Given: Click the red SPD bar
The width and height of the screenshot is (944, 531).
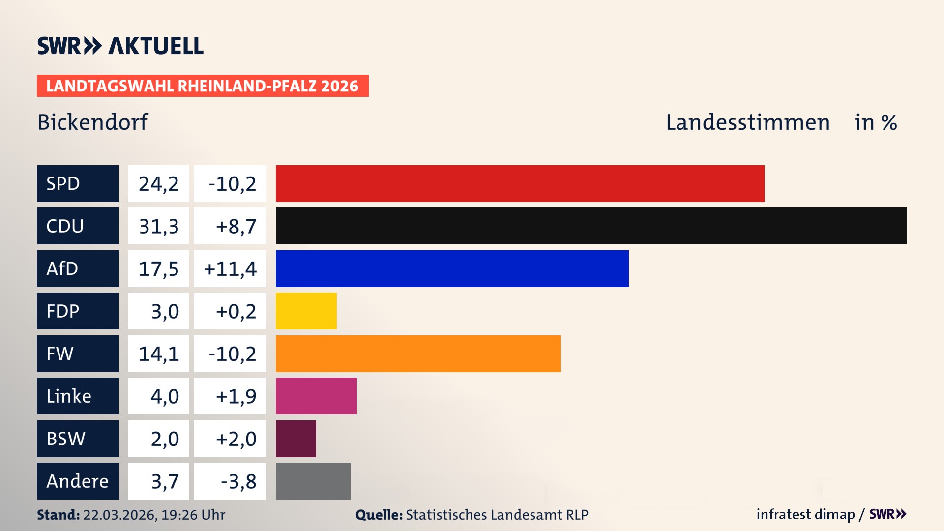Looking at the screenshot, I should pyautogui.click(x=520, y=183).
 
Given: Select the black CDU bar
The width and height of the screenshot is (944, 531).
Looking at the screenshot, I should pyautogui.click(x=591, y=226).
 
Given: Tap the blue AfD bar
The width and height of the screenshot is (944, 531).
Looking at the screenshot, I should pyautogui.click(x=452, y=268).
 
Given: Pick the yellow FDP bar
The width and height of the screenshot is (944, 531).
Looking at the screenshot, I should pyautogui.click(x=306, y=311).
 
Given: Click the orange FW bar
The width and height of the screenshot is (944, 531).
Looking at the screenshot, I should pyautogui.click(x=418, y=354).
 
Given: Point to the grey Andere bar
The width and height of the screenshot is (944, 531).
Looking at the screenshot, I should pyautogui.click(x=313, y=481).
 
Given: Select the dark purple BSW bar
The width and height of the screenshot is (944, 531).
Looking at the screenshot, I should pyautogui.click(x=295, y=439).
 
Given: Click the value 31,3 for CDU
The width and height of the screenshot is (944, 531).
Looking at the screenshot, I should pyautogui.click(x=158, y=226).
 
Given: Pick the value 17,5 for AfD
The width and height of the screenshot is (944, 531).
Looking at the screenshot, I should pyautogui.click(x=158, y=269).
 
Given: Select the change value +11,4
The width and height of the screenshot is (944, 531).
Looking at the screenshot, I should pyautogui.click(x=230, y=269).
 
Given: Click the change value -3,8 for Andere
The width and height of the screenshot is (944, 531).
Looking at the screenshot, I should pyautogui.click(x=238, y=481).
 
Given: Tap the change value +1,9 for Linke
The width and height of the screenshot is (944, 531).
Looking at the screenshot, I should pyautogui.click(x=236, y=396).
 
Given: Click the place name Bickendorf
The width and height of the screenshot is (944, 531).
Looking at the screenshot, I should pyautogui.click(x=92, y=122).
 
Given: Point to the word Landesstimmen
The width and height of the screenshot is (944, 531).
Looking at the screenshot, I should pyautogui.click(x=747, y=122).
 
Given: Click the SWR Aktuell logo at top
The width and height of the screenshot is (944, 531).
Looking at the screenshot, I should pyautogui.click(x=120, y=46).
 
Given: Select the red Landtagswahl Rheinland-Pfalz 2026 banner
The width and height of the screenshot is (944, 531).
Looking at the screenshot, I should pyautogui.click(x=202, y=86).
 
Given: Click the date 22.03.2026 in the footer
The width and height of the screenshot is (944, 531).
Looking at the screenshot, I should pyautogui.click(x=119, y=515).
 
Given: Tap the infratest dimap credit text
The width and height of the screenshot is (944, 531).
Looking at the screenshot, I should pyautogui.click(x=805, y=514).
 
